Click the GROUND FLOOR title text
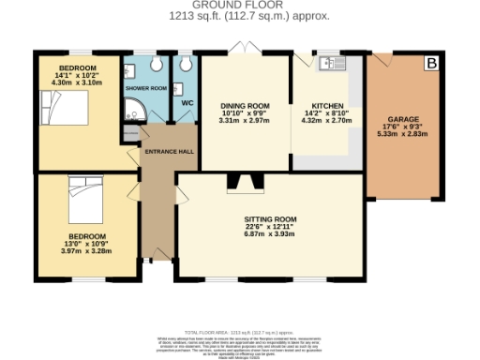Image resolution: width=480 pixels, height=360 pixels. (239, 7)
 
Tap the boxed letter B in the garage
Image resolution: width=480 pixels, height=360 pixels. (431, 64)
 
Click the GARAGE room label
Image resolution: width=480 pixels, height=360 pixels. (404, 120)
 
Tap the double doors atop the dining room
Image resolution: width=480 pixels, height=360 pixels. (246, 49)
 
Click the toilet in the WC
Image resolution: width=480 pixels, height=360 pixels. (187, 64)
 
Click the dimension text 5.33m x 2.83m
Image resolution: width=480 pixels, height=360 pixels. (404, 135)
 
